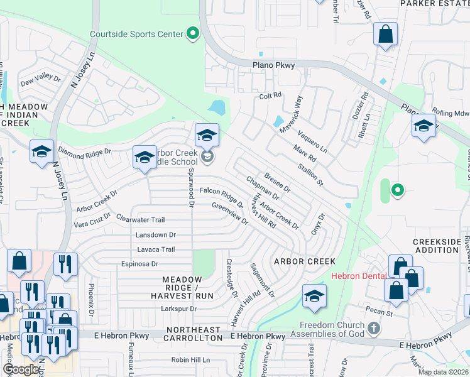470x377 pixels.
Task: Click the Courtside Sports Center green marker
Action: (193, 33)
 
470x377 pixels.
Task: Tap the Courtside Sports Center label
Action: (136, 34)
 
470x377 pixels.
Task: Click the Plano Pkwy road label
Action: (273, 65)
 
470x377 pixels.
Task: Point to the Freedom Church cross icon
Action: (374, 329)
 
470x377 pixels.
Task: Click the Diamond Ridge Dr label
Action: (84, 151)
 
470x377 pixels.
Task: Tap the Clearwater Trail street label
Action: (141, 219)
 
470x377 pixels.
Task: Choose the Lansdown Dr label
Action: (156, 234)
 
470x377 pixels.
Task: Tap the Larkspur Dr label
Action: (179, 309)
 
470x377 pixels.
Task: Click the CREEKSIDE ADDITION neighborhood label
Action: (440, 246)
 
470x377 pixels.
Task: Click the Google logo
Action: (20, 369)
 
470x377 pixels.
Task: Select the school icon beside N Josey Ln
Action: (41, 151)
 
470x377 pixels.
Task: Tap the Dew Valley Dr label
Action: (40, 80)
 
